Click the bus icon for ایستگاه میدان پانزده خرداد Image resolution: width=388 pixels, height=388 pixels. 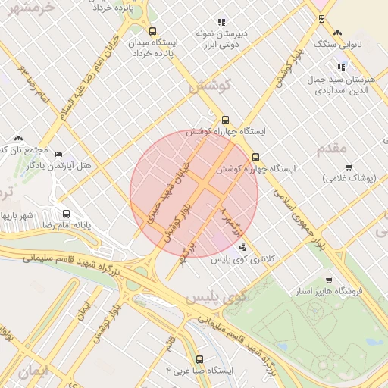(153, 32)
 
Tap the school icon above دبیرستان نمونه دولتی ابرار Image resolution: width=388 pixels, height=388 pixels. (221, 23)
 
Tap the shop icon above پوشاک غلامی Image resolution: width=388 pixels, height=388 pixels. (349, 167)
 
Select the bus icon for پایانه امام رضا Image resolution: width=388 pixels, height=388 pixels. (66, 214)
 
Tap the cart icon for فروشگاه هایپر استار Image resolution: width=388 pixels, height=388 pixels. (328, 280)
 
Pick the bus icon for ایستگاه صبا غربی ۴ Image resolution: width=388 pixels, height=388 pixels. (200, 359)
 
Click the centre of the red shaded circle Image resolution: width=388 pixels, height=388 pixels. (194, 194)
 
